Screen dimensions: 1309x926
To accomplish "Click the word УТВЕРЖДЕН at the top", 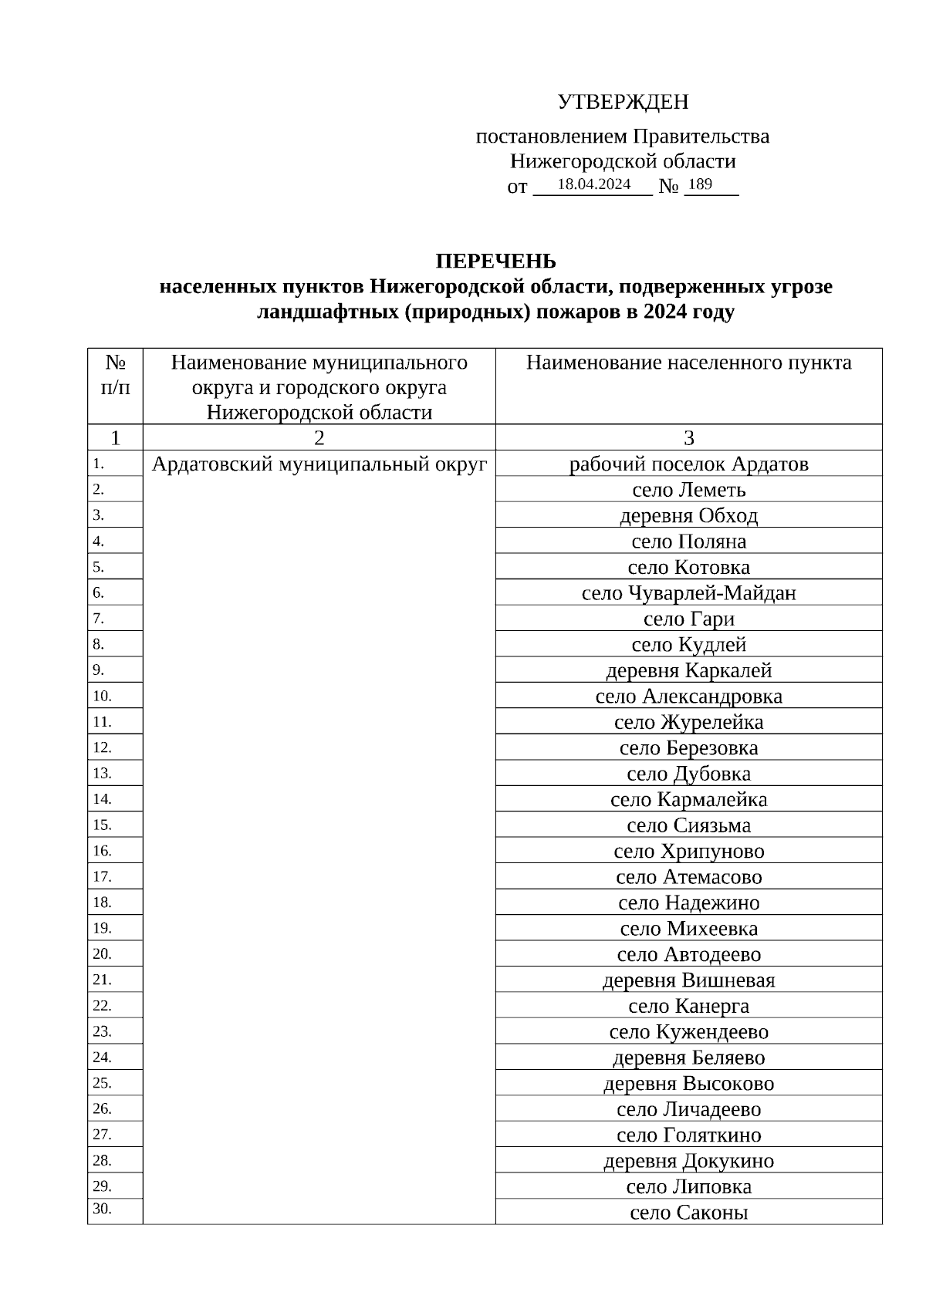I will pos(623,102).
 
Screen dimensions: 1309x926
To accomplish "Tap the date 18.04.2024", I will pos(593,184).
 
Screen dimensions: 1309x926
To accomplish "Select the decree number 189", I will pos(700,184).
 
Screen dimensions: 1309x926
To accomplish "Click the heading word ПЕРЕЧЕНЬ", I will pos(495,261).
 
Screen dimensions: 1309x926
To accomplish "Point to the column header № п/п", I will pos(115,374).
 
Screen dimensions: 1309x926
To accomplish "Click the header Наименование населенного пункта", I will pos(688,363).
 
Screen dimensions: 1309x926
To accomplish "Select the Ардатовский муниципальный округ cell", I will pos(319,464).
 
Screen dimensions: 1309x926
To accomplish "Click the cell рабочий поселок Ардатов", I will pos(688,464).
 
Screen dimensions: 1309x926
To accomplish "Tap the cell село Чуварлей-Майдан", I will pos(688,593).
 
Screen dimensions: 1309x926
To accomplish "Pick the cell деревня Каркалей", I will pos(688,670).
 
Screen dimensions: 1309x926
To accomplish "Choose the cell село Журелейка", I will pos(688,722).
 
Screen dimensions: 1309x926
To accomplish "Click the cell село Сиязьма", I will pos(688,825).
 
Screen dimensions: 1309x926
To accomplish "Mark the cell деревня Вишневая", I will pos(688,980).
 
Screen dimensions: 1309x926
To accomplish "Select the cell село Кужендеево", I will pos(688,1032).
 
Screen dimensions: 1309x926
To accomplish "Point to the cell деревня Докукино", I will pos(688,1161).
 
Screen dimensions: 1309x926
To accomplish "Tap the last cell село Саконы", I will pos(688,1213).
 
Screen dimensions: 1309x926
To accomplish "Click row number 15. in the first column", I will pos(102,825).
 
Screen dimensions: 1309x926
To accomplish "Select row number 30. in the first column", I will pos(102,1209).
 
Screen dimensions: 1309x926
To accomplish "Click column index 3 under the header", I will pos(688,438).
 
